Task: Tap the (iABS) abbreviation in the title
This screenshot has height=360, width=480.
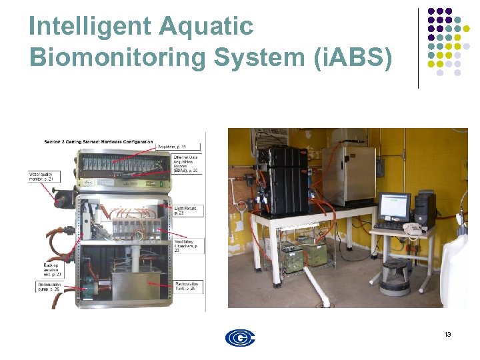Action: (x=353, y=58)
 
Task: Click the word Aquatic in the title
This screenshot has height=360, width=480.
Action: (x=207, y=27)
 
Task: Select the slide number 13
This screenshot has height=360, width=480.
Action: (x=447, y=334)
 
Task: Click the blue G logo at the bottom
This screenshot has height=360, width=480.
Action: (x=240, y=337)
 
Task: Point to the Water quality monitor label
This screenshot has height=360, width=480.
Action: (x=41, y=175)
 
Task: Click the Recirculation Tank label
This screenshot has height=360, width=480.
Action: (x=186, y=286)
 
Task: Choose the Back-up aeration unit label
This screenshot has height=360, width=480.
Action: (x=44, y=269)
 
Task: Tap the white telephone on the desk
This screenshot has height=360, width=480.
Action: (x=411, y=229)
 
